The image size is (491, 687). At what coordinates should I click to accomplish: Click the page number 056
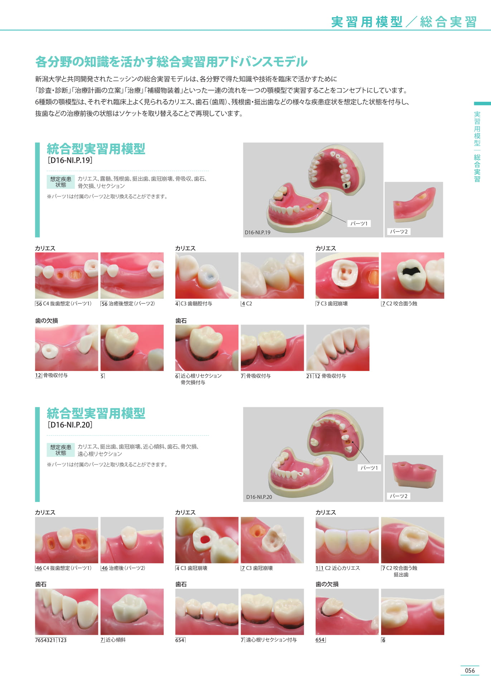click(x=470, y=671)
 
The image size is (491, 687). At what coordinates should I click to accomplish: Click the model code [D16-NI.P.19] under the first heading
click(x=70, y=160)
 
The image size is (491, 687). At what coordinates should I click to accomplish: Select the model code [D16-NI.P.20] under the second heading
click(x=70, y=425)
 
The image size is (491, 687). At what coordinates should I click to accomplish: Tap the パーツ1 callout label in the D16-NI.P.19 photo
click(x=359, y=223)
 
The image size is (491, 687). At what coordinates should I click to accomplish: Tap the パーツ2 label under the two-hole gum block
click(x=399, y=496)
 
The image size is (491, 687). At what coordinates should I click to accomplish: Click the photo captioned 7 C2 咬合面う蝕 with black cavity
click(x=413, y=276)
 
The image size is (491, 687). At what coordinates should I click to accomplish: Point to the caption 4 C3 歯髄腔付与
click(x=194, y=303)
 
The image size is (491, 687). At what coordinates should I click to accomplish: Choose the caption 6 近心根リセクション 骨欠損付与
click(x=198, y=379)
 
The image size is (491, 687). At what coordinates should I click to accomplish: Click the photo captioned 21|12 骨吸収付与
click(x=338, y=348)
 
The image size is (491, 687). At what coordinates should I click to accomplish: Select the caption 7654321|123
click(x=51, y=640)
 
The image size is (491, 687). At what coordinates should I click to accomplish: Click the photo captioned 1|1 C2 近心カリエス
click(x=347, y=540)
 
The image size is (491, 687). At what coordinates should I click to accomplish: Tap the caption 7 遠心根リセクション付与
click(x=269, y=640)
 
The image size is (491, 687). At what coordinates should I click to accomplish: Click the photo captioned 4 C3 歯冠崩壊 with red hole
click(x=207, y=540)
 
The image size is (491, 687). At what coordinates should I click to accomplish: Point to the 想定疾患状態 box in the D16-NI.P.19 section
click(x=61, y=182)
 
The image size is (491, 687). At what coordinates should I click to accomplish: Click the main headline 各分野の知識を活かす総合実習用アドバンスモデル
click(x=171, y=62)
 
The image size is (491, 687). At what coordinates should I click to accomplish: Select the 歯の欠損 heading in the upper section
click(x=47, y=321)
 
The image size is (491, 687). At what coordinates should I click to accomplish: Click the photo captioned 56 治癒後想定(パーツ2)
click(x=132, y=276)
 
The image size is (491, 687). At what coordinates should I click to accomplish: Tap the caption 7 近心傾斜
click(x=113, y=640)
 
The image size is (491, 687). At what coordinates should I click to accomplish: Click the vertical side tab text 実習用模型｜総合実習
click(x=477, y=147)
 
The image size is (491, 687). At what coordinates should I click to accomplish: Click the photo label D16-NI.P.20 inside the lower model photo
click(x=259, y=497)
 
